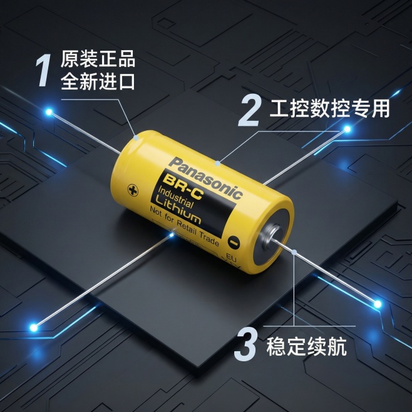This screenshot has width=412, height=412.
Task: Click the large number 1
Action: point(43,70)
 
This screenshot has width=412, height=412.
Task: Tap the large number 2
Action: point(249,111)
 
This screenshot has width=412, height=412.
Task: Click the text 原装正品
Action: point(98,59)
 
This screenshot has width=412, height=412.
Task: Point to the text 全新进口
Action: point(98,81)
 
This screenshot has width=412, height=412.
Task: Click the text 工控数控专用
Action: point(329,108)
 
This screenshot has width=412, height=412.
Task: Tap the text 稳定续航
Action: point(306,347)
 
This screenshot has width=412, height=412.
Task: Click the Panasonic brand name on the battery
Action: point(205,178)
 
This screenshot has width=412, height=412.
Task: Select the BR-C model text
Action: point(183,187)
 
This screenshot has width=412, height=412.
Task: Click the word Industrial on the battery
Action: point(176,198)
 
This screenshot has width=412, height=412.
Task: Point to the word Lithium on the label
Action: point(178,212)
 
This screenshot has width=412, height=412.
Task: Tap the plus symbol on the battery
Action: point(133,190)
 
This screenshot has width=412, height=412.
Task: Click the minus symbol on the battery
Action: point(234,242)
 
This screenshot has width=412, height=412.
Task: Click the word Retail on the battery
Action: point(187,228)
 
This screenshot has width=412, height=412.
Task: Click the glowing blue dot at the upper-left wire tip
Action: point(49,112)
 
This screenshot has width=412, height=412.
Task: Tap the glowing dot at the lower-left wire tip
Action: point(34,327)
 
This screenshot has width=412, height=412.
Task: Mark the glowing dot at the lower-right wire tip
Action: point(378,304)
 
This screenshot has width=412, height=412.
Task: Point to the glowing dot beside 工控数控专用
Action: point(348,129)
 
